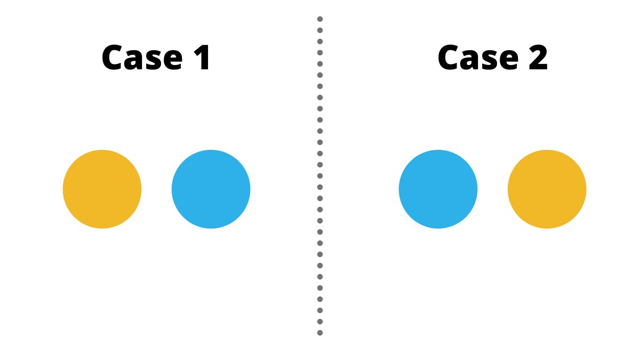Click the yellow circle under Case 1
coord(102,189)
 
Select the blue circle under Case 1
coord(211,189)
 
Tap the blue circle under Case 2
coord(438,189)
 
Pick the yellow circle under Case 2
coord(547,189)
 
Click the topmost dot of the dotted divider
coord(320,19)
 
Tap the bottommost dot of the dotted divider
coord(320,333)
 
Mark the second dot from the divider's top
coord(320,30)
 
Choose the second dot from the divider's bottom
coord(320,322)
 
